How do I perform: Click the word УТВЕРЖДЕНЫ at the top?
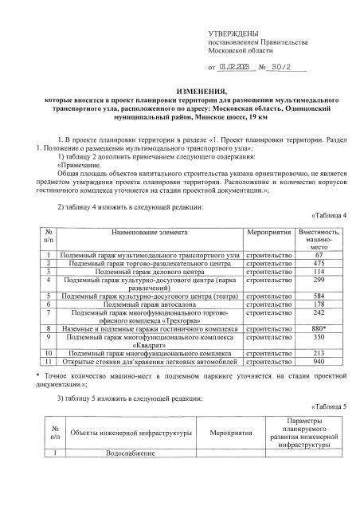(x=233, y=33)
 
